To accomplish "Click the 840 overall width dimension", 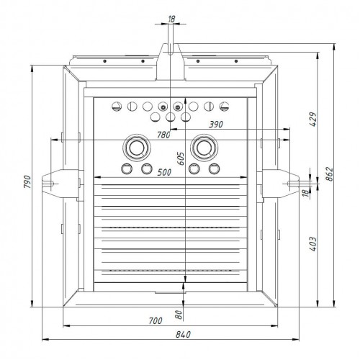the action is (x=183, y=334).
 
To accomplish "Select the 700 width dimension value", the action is (x=156, y=320).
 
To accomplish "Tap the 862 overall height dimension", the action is (x=330, y=174).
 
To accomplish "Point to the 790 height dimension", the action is (x=27, y=181).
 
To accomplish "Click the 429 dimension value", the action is (x=313, y=119).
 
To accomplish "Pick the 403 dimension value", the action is (x=313, y=244).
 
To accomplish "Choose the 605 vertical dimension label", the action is (x=181, y=158).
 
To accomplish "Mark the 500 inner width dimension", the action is (x=164, y=172).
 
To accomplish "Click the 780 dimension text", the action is (x=163, y=135).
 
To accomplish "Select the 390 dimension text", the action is (x=216, y=125).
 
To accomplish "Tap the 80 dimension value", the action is (x=179, y=315).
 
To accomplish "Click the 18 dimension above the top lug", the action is (x=171, y=19).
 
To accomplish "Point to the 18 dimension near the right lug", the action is (x=305, y=193).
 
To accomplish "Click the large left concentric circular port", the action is (x=137, y=148).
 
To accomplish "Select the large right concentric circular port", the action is (x=204, y=148).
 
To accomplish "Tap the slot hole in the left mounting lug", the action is (x=49, y=184).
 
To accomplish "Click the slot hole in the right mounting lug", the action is (x=292, y=184).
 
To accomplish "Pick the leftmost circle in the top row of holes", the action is (x=117, y=107).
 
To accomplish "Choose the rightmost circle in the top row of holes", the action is (x=224, y=107).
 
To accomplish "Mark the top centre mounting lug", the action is (x=171, y=62).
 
